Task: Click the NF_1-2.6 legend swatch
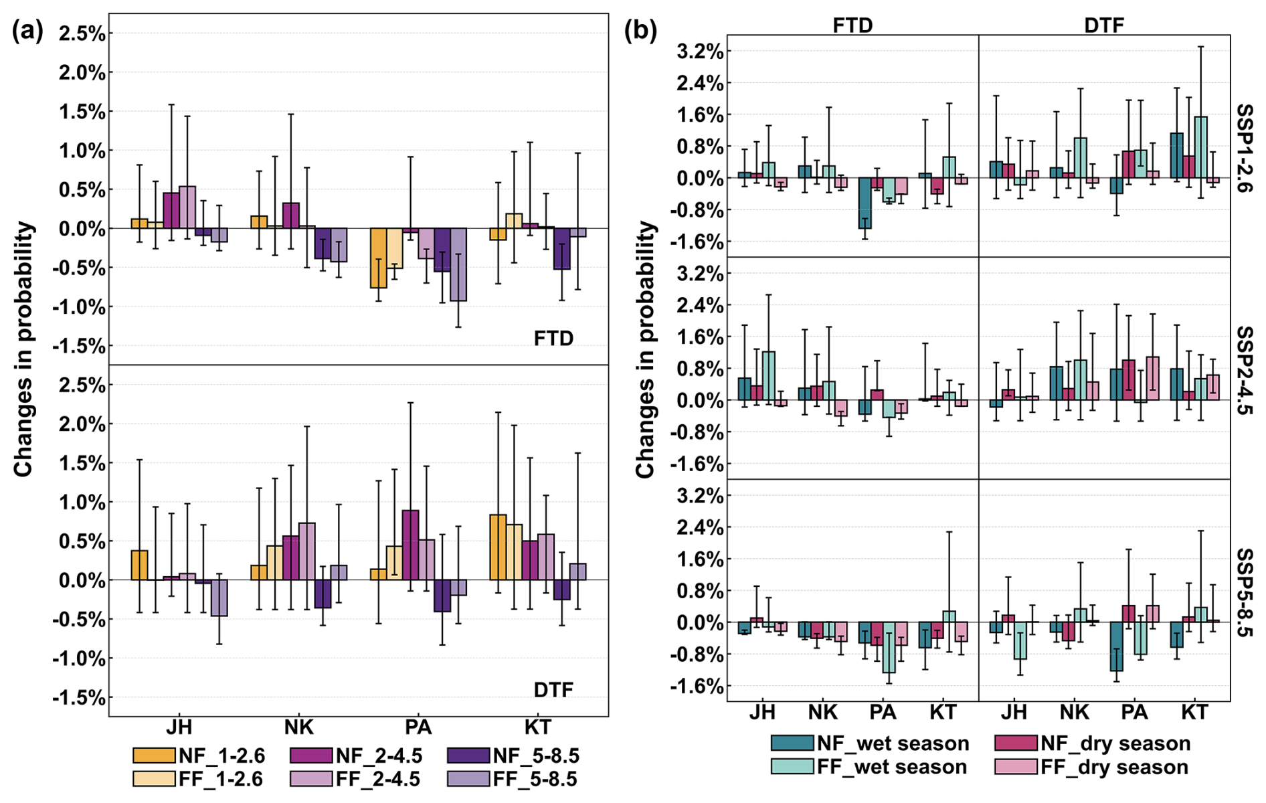153,756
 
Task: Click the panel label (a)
27,31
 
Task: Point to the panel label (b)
640,31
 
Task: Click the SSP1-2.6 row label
1245,148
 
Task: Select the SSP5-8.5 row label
1245,592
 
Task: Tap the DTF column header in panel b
1104,25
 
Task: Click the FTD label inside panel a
553,339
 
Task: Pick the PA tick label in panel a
418,727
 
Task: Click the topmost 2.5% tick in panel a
82,33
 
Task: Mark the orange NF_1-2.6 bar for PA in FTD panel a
378,258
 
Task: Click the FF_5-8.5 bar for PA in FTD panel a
458,265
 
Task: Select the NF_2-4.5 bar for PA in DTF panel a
410,545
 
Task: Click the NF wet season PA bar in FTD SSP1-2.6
865,203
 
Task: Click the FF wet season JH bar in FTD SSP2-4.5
768,376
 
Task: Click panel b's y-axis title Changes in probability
645,349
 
